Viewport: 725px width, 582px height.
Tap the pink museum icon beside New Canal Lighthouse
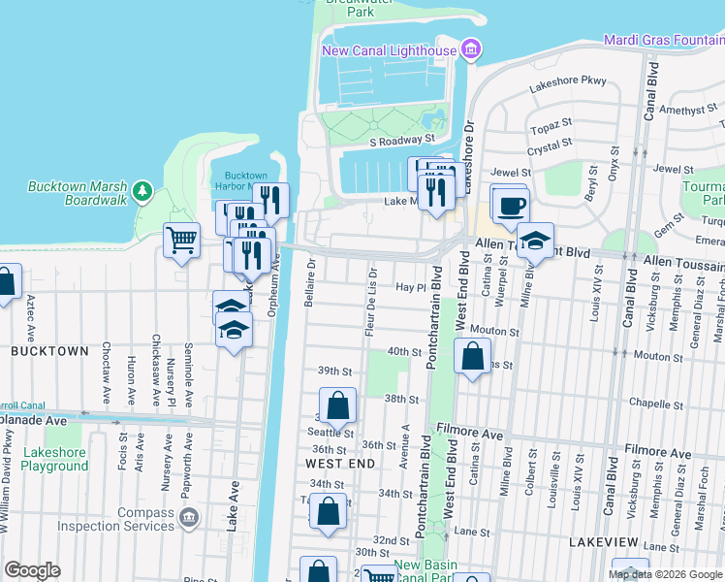[x=471, y=48]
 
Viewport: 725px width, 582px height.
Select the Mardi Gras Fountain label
[x=663, y=40]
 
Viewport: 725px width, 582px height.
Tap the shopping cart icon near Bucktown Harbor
[x=181, y=240]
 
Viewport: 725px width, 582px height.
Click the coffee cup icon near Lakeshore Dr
[x=510, y=206]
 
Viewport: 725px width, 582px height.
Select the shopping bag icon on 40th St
[x=472, y=355]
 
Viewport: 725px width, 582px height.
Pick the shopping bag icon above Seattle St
[x=337, y=404]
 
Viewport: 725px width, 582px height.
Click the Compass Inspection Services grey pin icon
[x=189, y=513]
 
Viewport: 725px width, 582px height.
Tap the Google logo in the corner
[x=32, y=570]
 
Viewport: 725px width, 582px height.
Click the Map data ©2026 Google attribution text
[x=665, y=574]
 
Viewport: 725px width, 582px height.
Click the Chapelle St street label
[x=648, y=403]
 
